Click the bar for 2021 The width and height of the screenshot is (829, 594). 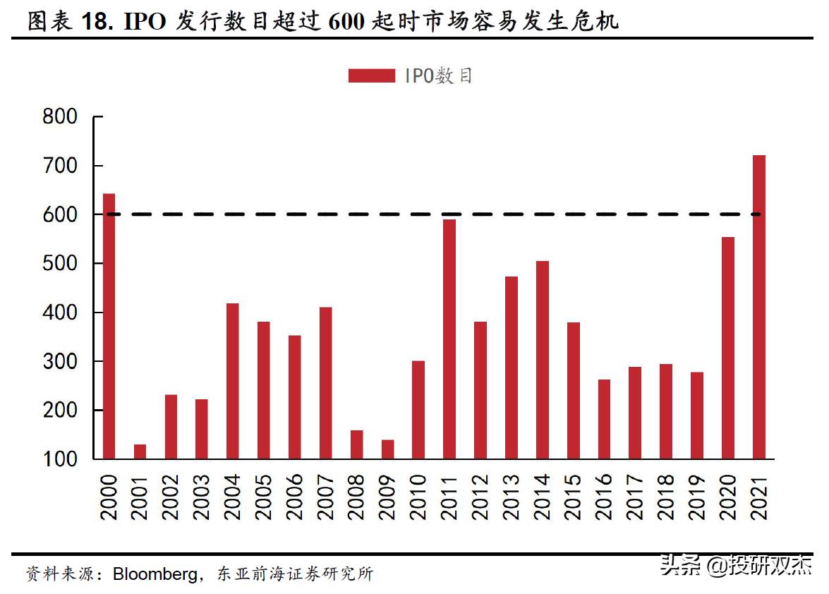coord(759,307)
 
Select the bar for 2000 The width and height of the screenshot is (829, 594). coord(109,326)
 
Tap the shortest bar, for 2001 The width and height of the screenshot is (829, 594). coord(140,451)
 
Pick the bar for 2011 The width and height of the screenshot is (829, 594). coord(449,339)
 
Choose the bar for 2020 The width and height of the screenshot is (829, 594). coord(728,348)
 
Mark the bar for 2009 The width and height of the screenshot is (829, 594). coord(387,449)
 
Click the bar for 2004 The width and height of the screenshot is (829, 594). coord(232,381)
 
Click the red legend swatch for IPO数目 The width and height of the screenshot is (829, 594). coord(371,75)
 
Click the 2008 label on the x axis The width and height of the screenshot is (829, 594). coord(357,497)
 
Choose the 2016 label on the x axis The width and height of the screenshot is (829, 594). coord(605,497)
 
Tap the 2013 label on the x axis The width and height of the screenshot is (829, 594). coord(512,497)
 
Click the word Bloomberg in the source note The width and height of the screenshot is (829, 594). coord(155,574)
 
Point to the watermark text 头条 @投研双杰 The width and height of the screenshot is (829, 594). coord(736,565)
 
